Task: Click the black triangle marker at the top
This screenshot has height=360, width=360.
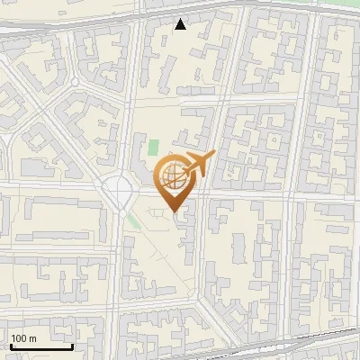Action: pos(181,24)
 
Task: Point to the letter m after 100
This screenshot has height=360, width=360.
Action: pos(32,338)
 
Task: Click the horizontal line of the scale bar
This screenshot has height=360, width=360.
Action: pos(41,346)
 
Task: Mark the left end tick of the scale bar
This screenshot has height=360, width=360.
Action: pos(11,345)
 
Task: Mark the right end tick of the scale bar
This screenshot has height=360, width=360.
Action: pos(72,345)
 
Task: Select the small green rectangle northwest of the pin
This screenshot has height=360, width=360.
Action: pos(153,146)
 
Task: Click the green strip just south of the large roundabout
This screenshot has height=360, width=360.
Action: pos(134,219)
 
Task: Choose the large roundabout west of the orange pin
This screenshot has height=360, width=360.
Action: pos(119,191)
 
